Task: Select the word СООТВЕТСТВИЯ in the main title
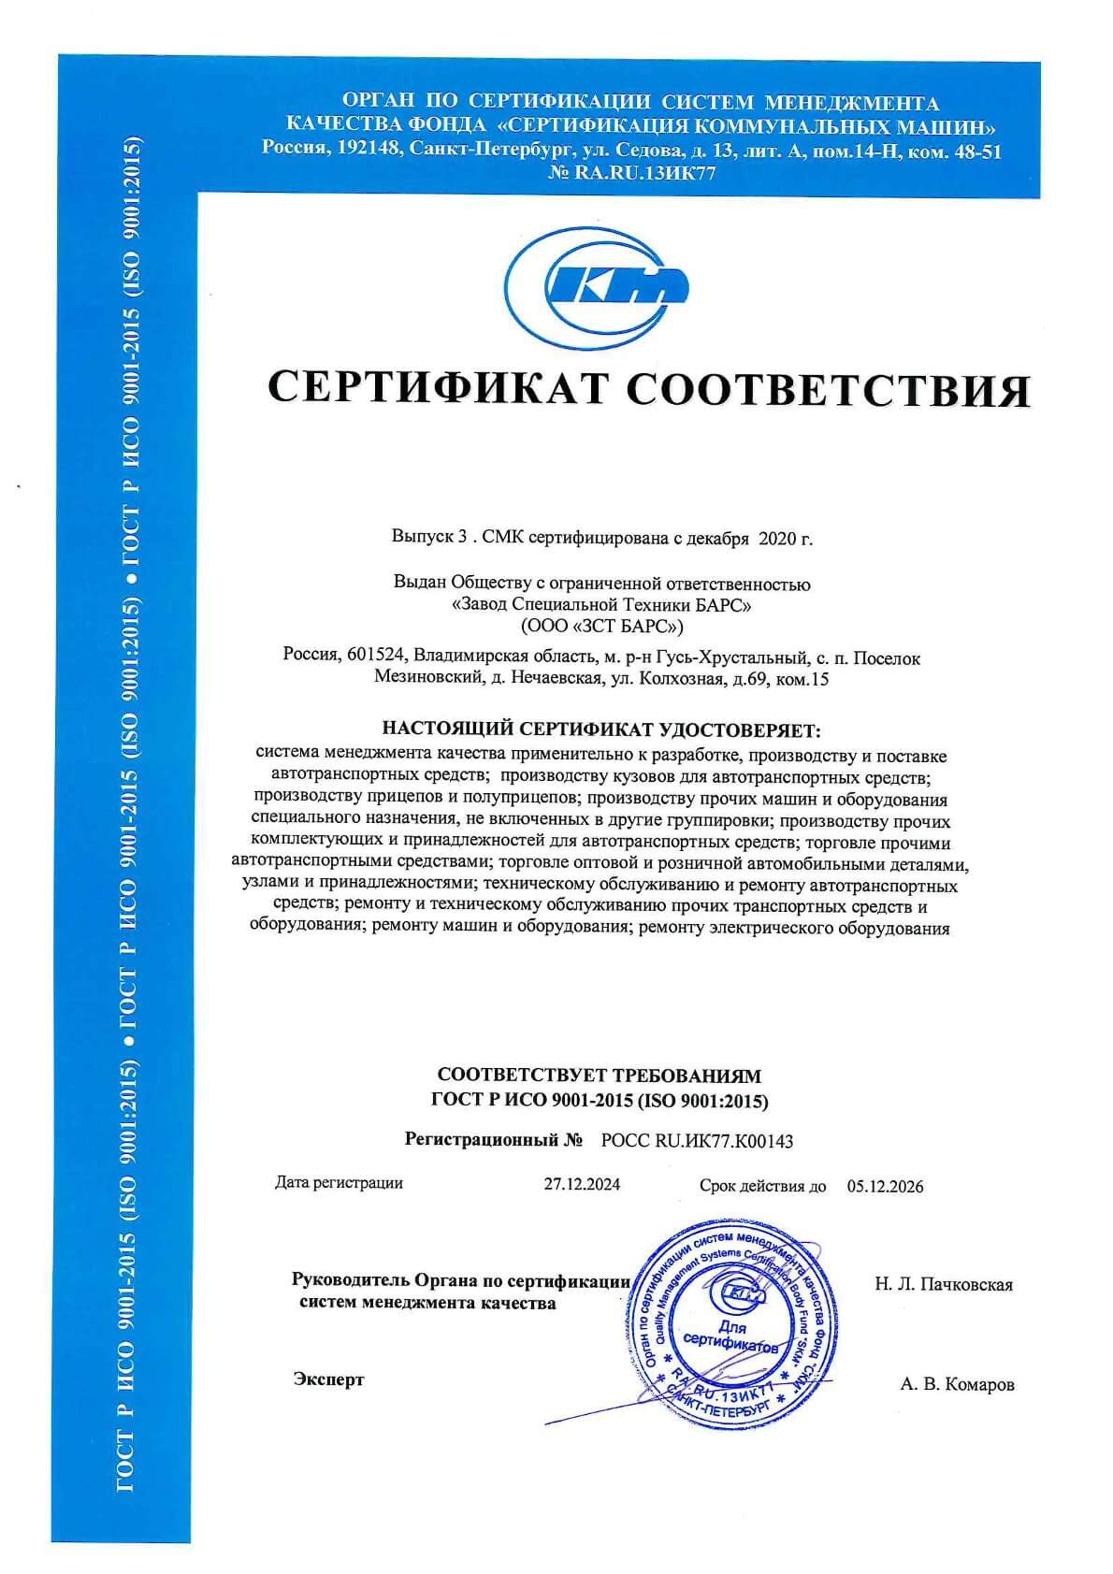pos(828,389)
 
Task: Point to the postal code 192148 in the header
pos(373,150)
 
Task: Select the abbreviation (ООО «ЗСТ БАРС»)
pos(601,626)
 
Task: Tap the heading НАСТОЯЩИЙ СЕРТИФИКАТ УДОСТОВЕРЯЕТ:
pos(601,729)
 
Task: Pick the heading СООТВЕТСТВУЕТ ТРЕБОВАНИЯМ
pos(600,1076)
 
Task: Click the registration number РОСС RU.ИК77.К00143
pos(697,1141)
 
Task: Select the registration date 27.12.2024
pos(582,1184)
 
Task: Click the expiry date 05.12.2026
pos(885,1186)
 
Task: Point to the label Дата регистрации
pos(339,1183)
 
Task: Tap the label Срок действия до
pos(762,1186)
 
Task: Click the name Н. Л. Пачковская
pos(944,1284)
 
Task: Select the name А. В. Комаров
pos(957,1384)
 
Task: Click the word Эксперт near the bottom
pos(328,1379)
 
